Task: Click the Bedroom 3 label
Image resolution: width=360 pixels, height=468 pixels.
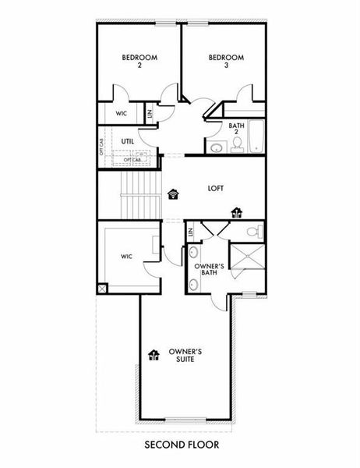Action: pos(226,61)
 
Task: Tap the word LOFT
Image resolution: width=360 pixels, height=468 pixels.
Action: pos(217,188)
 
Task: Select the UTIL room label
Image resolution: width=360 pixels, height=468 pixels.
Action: pos(129,141)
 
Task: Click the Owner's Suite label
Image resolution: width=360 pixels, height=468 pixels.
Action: pos(187,356)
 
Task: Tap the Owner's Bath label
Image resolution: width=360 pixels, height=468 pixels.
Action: pos(209,270)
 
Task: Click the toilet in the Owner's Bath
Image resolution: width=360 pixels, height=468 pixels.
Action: pos(253,231)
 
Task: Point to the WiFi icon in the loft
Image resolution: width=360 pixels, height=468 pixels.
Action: pos(173,193)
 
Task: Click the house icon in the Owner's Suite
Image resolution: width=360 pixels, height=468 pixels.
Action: pos(153,355)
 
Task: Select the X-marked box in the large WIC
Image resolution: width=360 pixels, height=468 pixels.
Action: pos(101,288)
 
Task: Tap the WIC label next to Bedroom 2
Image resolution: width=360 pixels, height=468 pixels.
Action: pos(122,113)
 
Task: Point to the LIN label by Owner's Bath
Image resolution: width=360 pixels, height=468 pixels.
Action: pos(191,232)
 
